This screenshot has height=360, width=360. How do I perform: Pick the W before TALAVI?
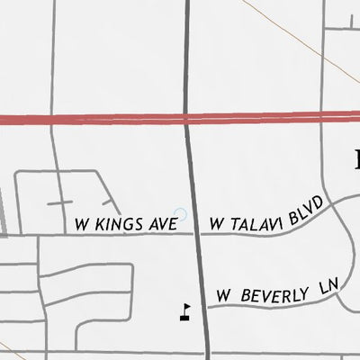217,222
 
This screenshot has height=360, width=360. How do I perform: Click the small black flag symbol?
185,310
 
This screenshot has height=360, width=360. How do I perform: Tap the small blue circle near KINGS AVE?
180,214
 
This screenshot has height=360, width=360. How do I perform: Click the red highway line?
90,119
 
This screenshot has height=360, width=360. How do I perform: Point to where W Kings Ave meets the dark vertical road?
197,234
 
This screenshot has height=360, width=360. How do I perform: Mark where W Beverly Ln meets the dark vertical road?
204,308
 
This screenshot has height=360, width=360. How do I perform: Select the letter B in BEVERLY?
247,295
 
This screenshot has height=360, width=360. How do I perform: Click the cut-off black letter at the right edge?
355,159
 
